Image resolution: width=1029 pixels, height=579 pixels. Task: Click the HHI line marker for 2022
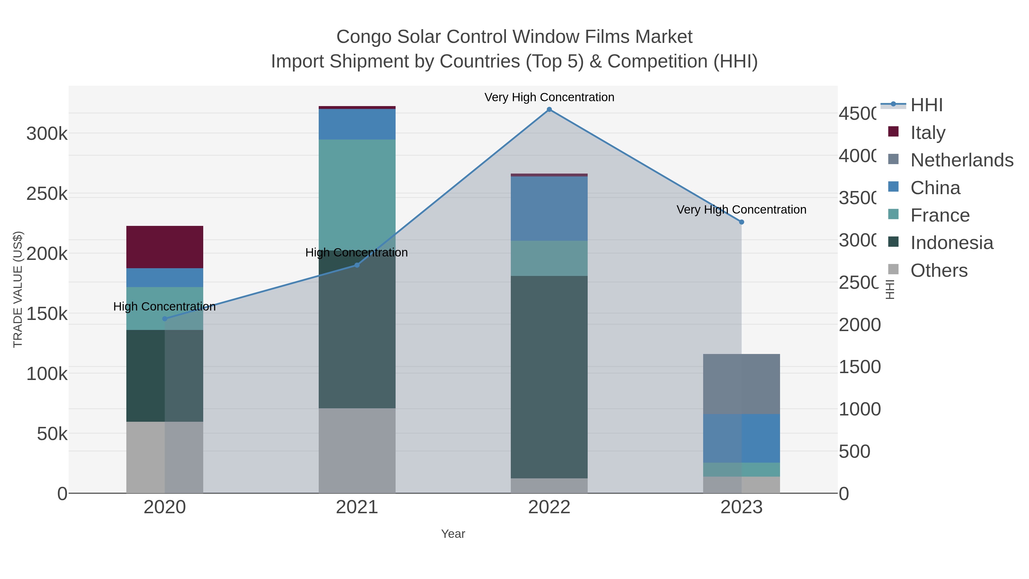pos(549,110)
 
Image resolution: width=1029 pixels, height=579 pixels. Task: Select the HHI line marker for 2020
pos(165,319)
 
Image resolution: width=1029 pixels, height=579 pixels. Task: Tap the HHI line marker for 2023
pos(741,222)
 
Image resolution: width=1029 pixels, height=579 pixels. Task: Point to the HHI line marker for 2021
pos(357,265)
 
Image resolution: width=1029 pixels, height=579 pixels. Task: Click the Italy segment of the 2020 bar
pos(165,247)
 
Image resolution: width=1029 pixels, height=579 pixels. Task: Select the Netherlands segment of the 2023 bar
pos(741,384)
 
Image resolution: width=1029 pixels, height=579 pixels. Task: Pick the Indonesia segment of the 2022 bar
pos(549,377)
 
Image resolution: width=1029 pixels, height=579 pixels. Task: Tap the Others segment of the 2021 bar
pos(357,450)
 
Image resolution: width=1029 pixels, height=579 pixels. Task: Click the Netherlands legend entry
pos(962,160)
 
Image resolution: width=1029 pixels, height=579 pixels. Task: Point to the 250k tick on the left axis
pos(47,194)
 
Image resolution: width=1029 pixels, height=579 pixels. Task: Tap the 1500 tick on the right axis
pos(859,367)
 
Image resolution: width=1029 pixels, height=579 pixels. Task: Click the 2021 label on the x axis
pos(357,508)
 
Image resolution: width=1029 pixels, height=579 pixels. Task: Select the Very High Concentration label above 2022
pos(549,97)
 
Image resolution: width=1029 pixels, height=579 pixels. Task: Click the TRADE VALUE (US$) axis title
pos(18,289)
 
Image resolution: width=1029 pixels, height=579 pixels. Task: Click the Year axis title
pos(453,534)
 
